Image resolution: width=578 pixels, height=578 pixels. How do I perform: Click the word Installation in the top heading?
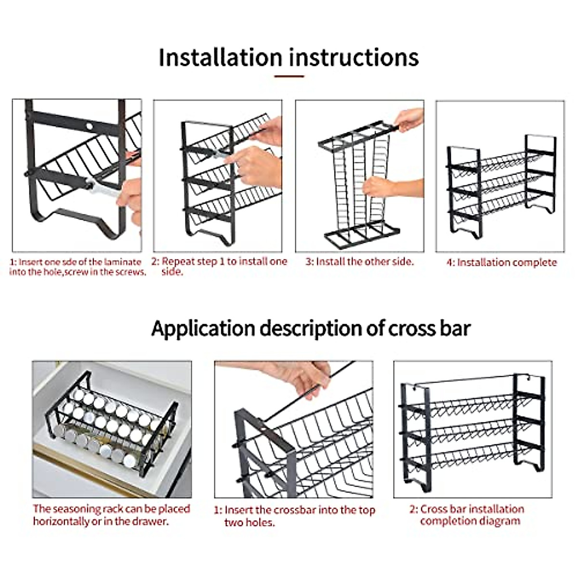point(220,57)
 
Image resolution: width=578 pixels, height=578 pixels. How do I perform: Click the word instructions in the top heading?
point(354,57)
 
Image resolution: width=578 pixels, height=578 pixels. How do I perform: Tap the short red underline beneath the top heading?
point(289,76)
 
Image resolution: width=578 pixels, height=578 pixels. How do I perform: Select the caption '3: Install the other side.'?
point(359,262)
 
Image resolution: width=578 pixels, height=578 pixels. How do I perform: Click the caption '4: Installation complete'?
point(501,263)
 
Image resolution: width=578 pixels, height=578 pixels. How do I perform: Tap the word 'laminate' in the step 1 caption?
point(123,262)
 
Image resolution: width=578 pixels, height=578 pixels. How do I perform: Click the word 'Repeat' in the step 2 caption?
point(179,262)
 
